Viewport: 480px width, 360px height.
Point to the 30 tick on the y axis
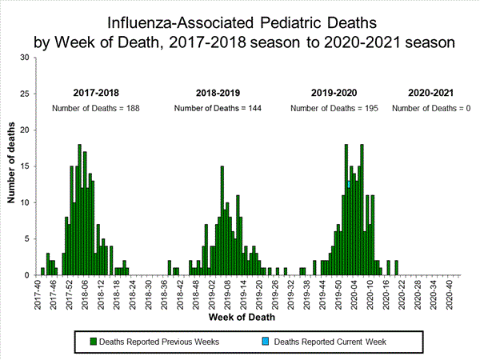coord(26,58)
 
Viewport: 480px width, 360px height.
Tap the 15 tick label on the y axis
coord(26,166)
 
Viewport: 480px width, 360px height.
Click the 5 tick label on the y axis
coord(29,239)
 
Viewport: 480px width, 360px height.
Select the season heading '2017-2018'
coord(96,93)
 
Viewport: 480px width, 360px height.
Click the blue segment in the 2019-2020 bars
coord(349,184)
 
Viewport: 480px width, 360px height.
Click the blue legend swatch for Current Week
coord(266,342)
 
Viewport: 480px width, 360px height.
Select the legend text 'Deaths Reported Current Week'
coord(330,342)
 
